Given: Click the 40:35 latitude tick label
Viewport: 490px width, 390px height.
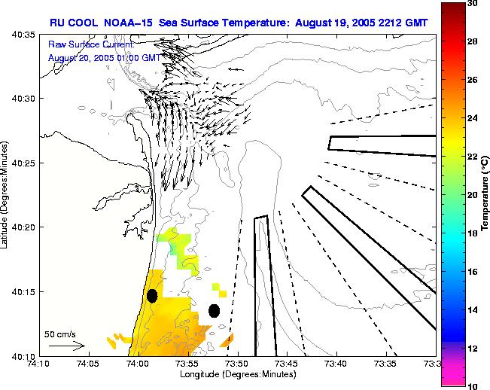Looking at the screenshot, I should (23, 35).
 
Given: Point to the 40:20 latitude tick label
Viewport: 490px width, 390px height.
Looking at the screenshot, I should (23, 227).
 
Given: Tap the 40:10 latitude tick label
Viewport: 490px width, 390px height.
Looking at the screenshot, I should (23, 355).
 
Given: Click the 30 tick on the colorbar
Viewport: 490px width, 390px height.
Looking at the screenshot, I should (472, 4).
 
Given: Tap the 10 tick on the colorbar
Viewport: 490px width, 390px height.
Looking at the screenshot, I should (472, 385).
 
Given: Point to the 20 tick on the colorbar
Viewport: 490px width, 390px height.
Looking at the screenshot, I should (472, 195).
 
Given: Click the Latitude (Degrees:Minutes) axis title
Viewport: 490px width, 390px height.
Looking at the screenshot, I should (7, 194).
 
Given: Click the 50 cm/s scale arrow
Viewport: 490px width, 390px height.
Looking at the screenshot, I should (65, 346).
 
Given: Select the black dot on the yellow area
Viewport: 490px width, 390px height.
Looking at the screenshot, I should (152, 295).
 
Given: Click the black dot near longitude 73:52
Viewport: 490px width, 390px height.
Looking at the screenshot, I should (214, 310).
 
